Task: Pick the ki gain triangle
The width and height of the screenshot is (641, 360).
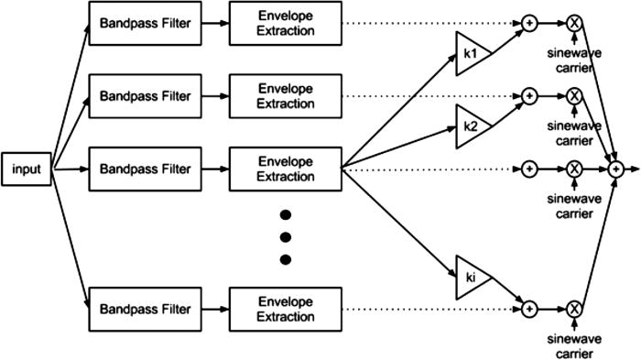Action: click(470, 276)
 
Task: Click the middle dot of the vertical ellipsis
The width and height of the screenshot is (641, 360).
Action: click(285, 237)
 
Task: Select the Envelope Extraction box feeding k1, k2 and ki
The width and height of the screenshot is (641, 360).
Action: click(285, 169)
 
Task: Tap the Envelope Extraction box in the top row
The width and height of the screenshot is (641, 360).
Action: click(285, 20)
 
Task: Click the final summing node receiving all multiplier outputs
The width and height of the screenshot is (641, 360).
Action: click(616, 169)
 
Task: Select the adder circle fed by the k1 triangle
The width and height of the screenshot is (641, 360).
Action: click(529, 20)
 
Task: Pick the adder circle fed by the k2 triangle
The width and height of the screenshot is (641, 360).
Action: click(529, 94)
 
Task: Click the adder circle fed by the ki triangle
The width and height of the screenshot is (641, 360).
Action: click(529, 310)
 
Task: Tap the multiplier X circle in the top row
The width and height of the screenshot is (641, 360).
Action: click(574, 20)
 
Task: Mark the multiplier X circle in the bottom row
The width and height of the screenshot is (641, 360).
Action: click(574, 310)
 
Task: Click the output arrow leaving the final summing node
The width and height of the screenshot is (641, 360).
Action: click(633, 169)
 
